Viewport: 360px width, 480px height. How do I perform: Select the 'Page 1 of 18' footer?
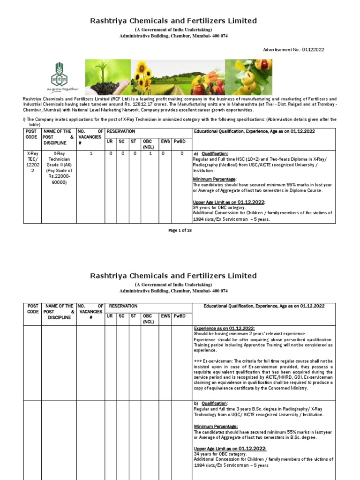180,230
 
